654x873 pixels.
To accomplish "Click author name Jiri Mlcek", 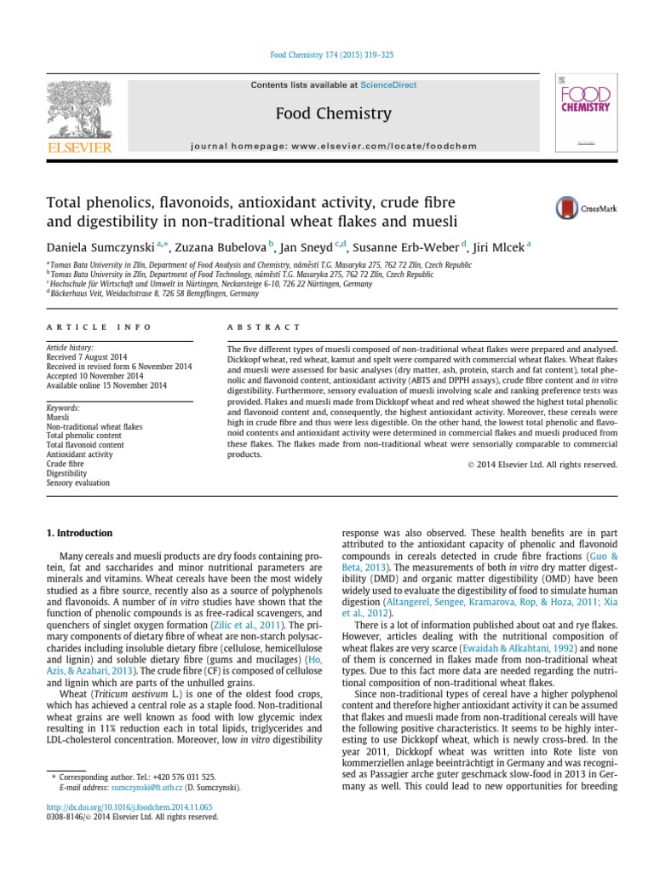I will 500,246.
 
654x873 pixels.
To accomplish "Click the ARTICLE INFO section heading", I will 99,327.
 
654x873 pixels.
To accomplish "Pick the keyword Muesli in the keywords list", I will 58,417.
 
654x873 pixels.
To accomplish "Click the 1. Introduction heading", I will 78,533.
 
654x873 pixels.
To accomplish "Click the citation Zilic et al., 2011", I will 259,625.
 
